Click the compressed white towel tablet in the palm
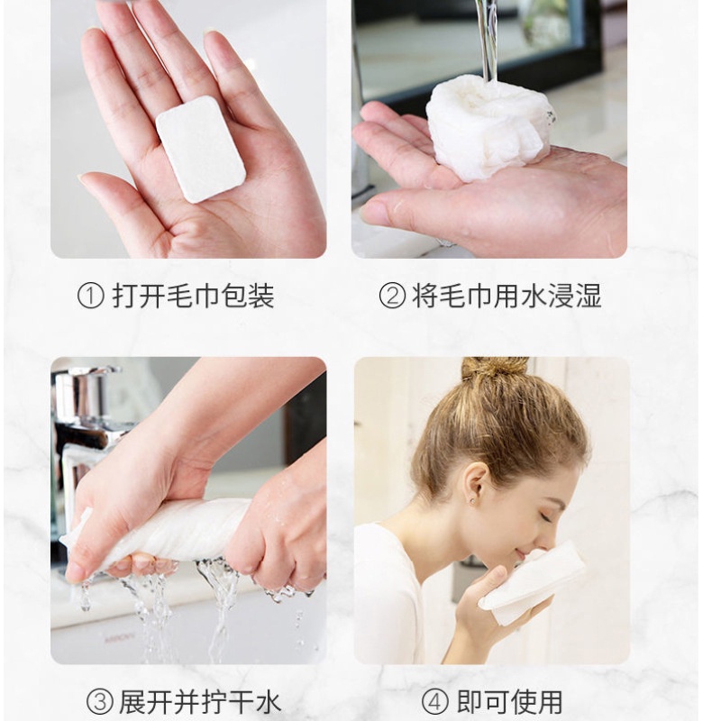(x=200, y=148)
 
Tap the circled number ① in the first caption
(x=89, y=297)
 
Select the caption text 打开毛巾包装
(x=193, y=297)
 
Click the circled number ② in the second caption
(x=391, y=297)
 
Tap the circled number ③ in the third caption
(x=99, y=700)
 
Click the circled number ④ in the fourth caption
(x=434, y=700)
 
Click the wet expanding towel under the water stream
(x=487, y=126)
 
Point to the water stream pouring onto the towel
(x=488, y=41)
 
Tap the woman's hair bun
(x=495, y=368)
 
